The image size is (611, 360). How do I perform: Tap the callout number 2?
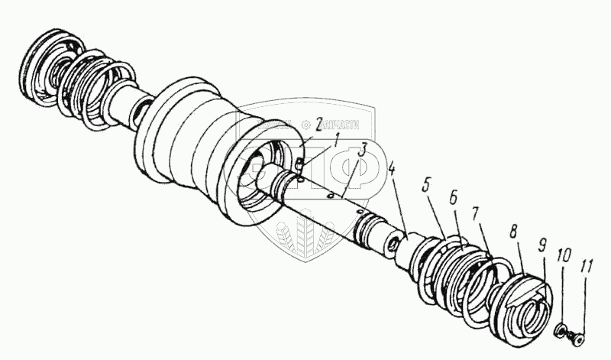pos(318,122)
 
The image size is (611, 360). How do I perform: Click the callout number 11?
pos(586,267)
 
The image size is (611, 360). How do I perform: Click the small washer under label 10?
pos(561,329)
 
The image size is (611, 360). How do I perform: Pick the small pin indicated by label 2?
pos(299,163)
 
